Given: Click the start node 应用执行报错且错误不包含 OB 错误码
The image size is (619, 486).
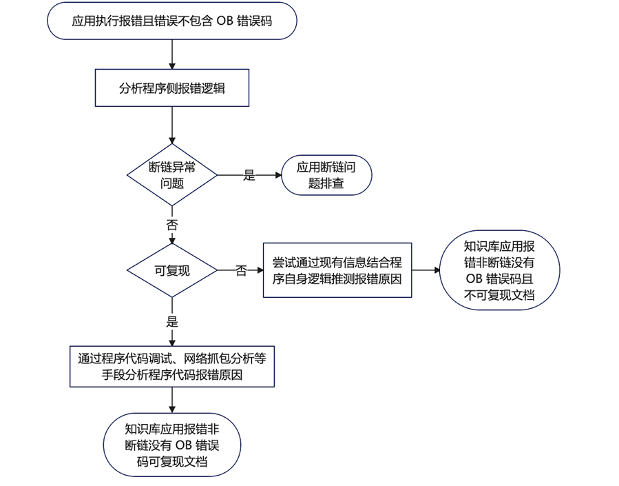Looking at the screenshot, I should [x=171, y=21].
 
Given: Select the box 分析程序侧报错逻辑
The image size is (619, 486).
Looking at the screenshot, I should [x=171, y=88].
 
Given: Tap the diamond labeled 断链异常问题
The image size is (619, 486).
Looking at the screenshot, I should [x=171, y=174].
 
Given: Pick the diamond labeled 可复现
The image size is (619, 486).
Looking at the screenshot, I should [x=171, y=270].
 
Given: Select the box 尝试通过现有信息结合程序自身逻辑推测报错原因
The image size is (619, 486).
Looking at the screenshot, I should [x=337, y=270].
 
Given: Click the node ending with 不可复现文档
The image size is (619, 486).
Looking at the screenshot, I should [x=499, y=270].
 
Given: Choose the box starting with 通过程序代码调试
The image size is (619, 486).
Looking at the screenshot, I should [x=171, y=366].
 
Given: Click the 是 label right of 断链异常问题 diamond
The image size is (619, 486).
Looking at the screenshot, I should [x=249, y=176].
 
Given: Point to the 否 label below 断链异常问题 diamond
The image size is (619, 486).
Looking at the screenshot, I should [x=171, y=225].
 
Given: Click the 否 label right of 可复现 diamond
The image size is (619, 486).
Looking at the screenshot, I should [x=241, y=271].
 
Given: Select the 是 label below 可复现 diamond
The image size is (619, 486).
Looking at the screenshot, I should [x=171, y=321].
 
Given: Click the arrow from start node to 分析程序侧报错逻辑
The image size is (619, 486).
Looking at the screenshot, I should [x=171, y=54].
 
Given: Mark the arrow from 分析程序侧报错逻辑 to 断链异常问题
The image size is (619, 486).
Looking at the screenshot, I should [x=171, y=125].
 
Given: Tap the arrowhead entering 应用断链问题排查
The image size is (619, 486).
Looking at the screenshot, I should [x=279, y=175].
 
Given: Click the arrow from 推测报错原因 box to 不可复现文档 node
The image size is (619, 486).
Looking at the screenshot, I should [x=426, y=270].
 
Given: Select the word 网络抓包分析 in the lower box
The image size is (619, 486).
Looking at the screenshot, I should [x=220, y=358].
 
